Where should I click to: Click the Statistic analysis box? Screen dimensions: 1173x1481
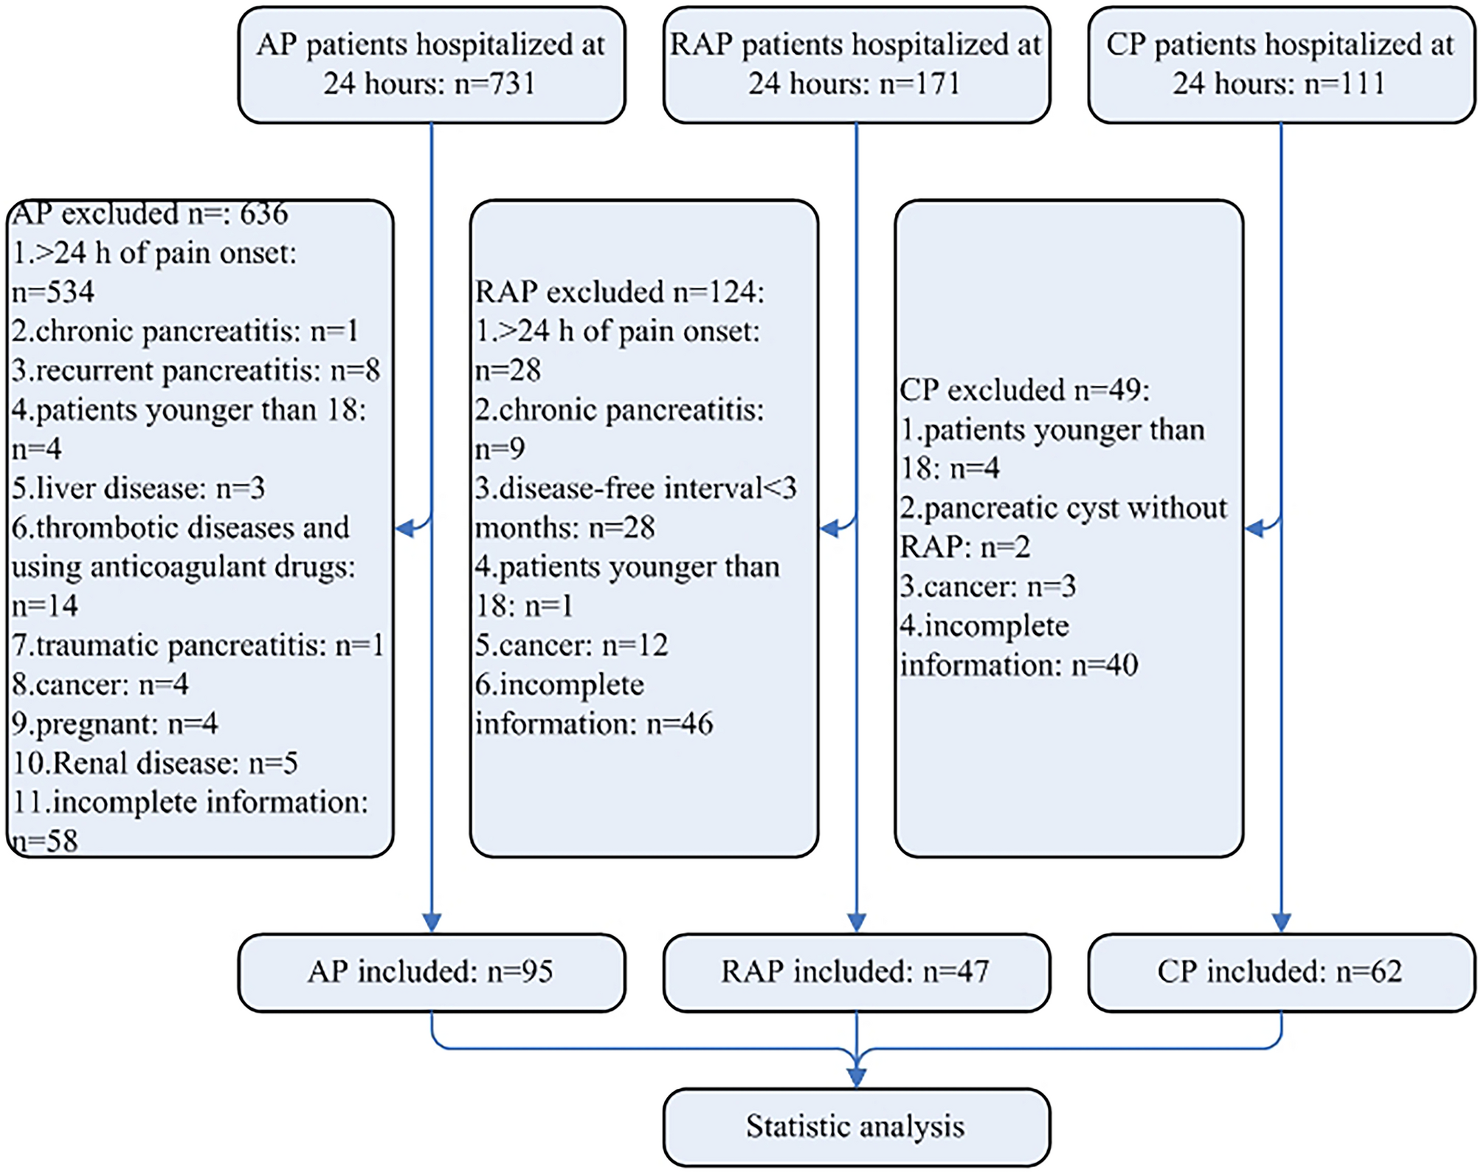tap(856, 1126)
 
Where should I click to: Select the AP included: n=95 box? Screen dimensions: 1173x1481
tap(432, 971)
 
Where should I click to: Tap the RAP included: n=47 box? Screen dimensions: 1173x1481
tap(856, 971)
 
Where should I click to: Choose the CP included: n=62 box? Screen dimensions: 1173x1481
tap(1281, 971)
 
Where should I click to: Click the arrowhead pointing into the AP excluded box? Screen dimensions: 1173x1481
tap(405, 528)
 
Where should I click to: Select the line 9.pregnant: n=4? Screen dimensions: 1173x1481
tap(115, 724)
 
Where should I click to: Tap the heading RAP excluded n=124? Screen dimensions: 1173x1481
tap(620, 292)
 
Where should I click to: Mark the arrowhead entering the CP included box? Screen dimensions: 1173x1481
tap(1281, 923)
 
